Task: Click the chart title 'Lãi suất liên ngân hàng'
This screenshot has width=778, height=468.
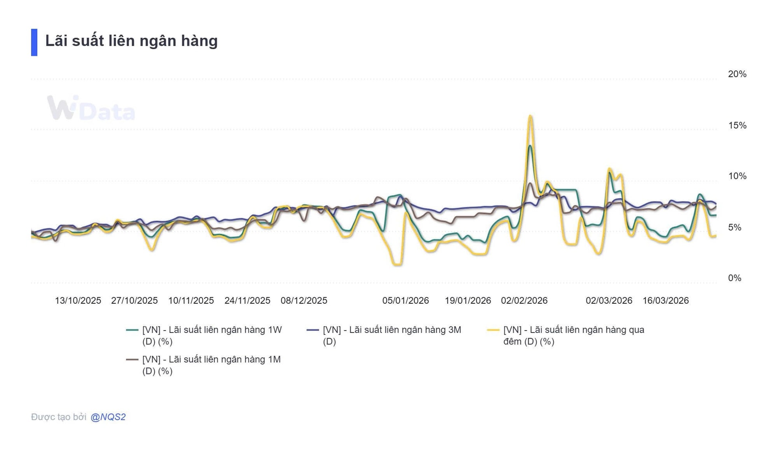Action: coord(131,41)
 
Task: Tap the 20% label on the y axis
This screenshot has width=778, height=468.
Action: coord(737,74)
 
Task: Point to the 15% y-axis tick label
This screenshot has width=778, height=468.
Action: coord(737,125)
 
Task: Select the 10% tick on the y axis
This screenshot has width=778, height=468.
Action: coord(737,176)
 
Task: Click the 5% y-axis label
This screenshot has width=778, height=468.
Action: coord(734,227)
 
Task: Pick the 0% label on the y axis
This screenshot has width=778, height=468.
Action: coord(734,278)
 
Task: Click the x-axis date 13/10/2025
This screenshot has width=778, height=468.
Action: coord(78,301)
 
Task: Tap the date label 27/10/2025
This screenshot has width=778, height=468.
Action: coord(134,301)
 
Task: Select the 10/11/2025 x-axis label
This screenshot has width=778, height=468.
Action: coord(191,301)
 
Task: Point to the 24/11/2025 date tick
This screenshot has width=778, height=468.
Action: coord(247,301)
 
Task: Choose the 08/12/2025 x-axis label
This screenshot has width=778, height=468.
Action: coord(304,301)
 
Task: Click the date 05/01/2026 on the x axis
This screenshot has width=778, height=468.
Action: coord(405,301)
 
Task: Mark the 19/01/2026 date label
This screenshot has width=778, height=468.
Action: coord(468,301)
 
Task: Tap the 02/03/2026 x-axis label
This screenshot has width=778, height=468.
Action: coord(609,301)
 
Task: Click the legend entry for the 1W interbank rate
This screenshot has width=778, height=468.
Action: coord(212,335)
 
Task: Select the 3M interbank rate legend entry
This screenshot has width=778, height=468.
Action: coord(391,335)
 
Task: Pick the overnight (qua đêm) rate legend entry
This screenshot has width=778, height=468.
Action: coord(573,335)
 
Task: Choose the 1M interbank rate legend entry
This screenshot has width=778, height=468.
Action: coord(211,365)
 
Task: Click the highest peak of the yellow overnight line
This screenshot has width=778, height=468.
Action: coord(530,116)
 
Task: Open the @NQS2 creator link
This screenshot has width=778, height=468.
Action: coord(108,417)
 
